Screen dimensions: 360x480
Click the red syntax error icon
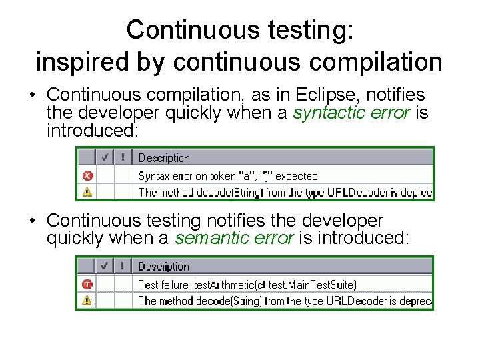(x=87, y=176)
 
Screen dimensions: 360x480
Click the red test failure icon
(x=87, y=284)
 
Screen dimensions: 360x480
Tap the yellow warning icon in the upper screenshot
(x=87, y=192)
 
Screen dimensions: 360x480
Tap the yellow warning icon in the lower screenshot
(x=87, y=300)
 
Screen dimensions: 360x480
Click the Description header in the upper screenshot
(x=164, y=158)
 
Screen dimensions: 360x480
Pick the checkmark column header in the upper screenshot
(x=105, y=158)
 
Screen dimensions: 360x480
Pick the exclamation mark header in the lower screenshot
(x=122, y=266)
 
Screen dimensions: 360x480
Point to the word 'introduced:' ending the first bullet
(x=92, y=130)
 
